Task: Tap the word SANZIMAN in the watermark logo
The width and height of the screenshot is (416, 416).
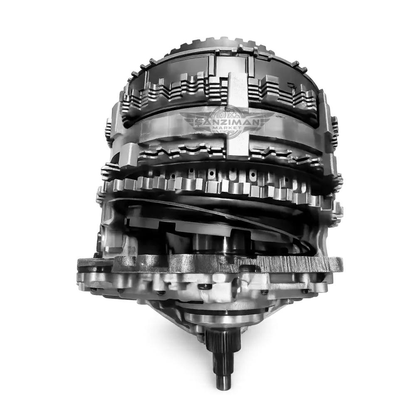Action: click(x=224, y=122)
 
